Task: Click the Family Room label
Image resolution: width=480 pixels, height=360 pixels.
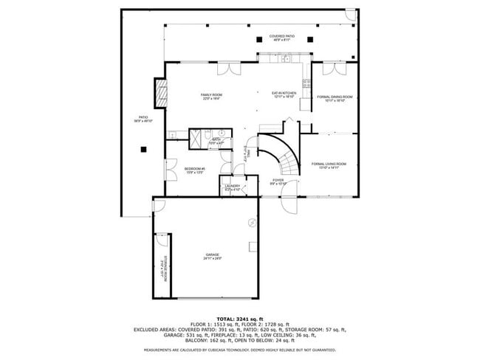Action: coord(212,97)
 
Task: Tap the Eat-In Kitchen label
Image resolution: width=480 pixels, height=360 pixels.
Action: coord(284,94)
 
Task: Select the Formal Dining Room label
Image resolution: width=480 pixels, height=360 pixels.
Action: coord(335,99)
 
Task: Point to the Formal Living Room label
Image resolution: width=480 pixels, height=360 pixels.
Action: coord(329,165)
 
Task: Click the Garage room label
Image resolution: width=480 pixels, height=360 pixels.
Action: coord(212,257)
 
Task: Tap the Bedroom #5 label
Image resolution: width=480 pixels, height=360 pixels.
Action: coord(194,170)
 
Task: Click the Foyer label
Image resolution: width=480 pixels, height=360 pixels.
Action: coord(278,181)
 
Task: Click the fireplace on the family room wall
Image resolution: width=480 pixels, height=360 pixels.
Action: coord(157,94)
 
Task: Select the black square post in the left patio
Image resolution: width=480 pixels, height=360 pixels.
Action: coord(144,149)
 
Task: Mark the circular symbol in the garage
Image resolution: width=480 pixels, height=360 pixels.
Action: coord(252,222)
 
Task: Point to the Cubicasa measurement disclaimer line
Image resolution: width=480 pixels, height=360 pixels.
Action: coord(239,350)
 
